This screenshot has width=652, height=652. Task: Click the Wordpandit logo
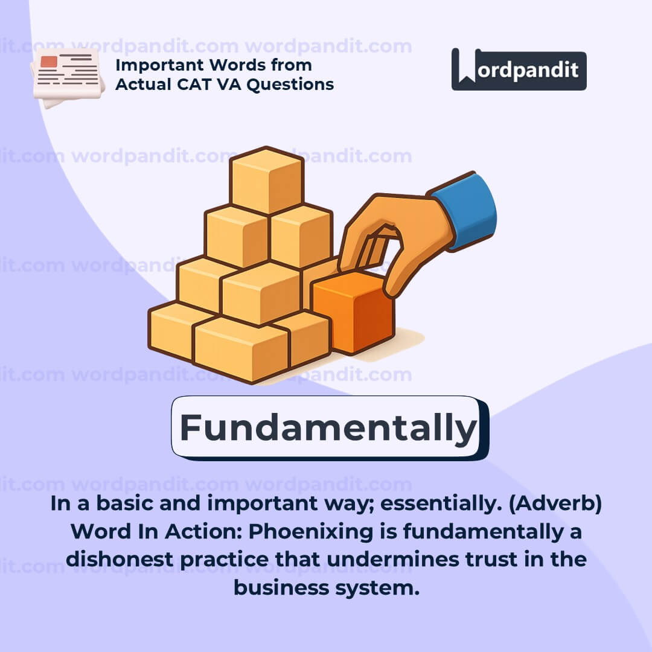pyautogui.click(x=519, y=69)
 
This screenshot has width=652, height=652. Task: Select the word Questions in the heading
pyautogui.click(x=290, y=85)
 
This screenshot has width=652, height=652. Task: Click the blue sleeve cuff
pyautogui.click(x=465, y=210)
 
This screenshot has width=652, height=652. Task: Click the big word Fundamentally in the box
pyautogui.click(x=328, y=428)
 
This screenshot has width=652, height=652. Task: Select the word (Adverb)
pyautogui.click(x=555, y=503)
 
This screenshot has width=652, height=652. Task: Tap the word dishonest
pyautogui.click(x=120, y=559)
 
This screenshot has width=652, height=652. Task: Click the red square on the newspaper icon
pyautogui.click(x=49, y=62)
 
